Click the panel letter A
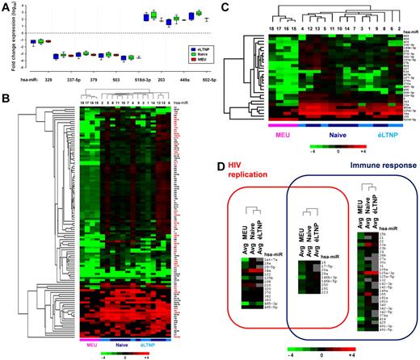coord(6,6)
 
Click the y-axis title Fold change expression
coord(6,40)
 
